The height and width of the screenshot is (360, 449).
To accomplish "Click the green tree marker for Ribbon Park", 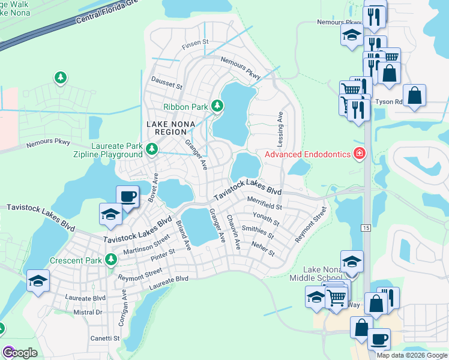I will (217, 107).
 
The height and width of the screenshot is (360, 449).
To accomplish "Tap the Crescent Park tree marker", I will (110, 260).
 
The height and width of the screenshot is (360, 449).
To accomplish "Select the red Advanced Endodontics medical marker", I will (360, 154).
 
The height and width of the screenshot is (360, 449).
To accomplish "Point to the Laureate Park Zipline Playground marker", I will (152, 148).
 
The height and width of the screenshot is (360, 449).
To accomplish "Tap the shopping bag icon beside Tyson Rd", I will (414, 95).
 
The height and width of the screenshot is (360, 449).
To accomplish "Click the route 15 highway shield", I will (365, 227).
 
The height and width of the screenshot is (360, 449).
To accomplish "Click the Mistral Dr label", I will (87, 312).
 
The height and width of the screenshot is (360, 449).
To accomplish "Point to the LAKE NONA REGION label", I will (167, 128).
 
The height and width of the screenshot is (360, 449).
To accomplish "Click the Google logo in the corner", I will (20, 353).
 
